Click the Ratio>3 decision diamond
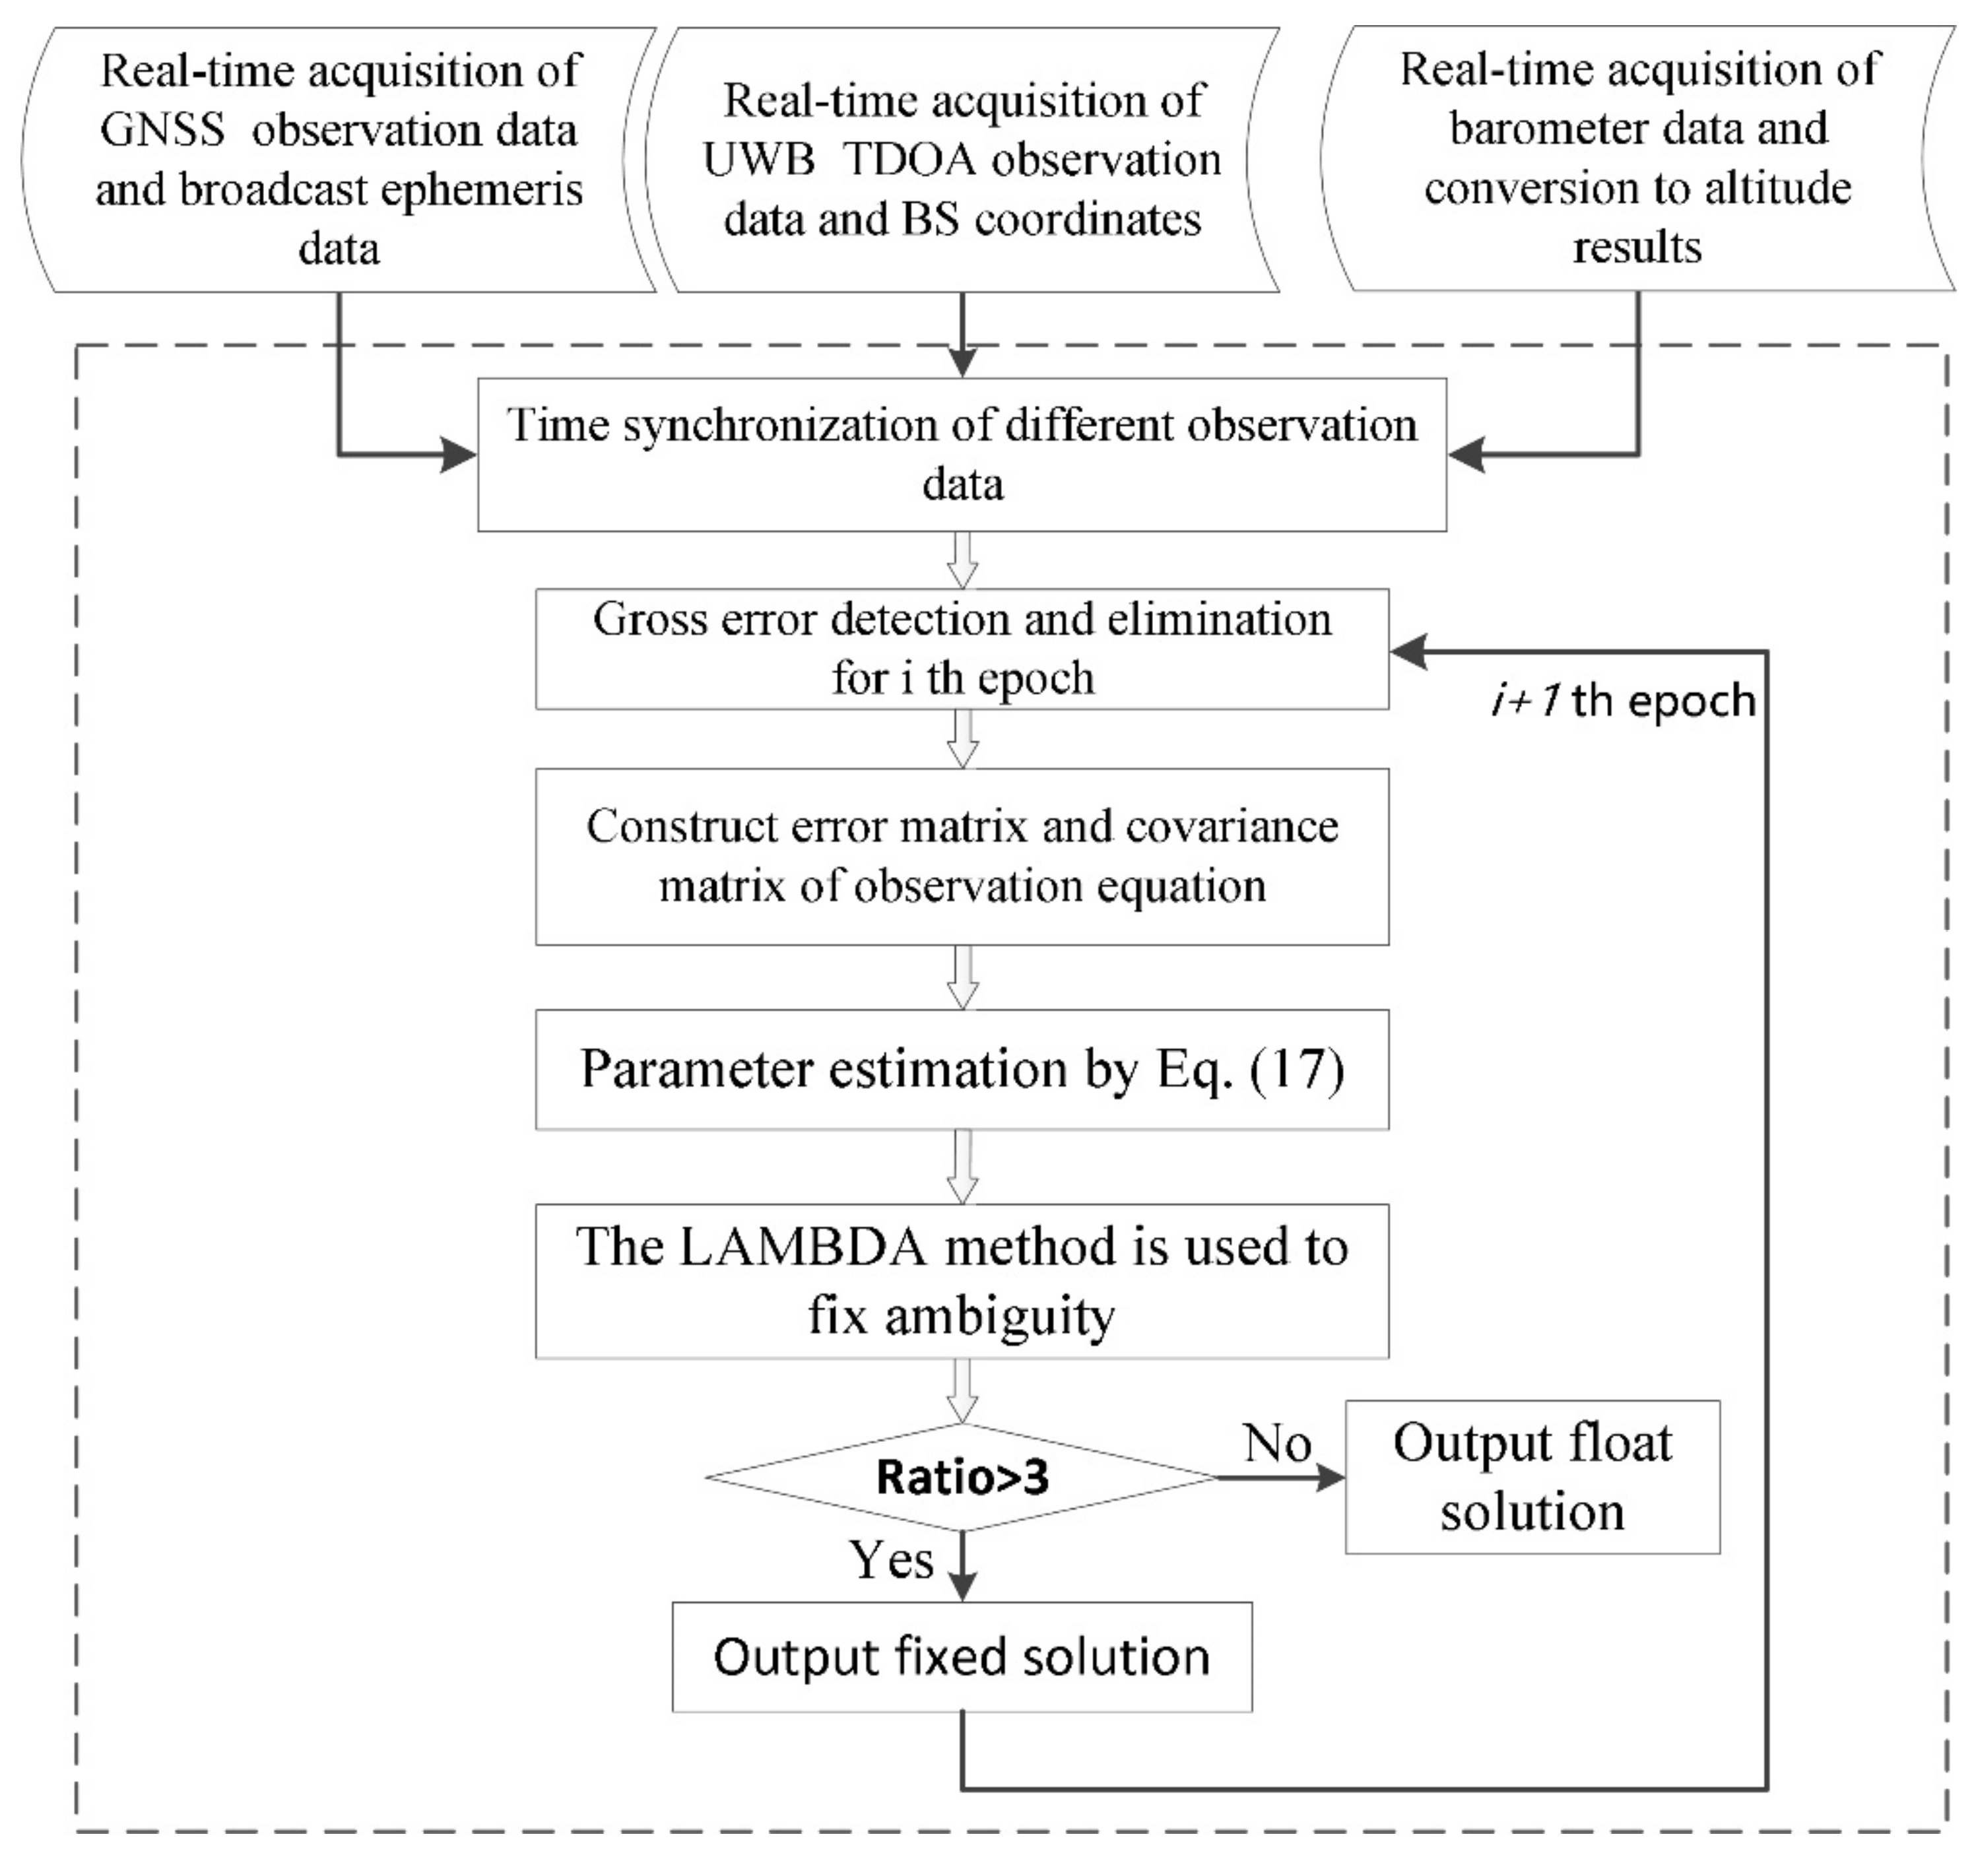click(x=961, y=1478)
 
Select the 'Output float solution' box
click(x=1532, y=1478)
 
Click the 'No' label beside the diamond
click(x=1278, y=1443)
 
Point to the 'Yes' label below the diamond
click(x=891, y=1560)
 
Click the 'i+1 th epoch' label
click(x=1622, y=701)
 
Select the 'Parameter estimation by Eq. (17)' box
click(x=961, y=1070)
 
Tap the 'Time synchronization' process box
click(x=961, y=455)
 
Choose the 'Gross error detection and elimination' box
click(x=961, y=649)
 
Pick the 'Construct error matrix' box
click(x=961, y=856)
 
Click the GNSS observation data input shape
click(x=339, y=159)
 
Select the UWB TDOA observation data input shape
click(x=961, y=159)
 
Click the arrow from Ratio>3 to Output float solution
click(x=1281, y=1478)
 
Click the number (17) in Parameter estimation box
click(x=1298, y=1070)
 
